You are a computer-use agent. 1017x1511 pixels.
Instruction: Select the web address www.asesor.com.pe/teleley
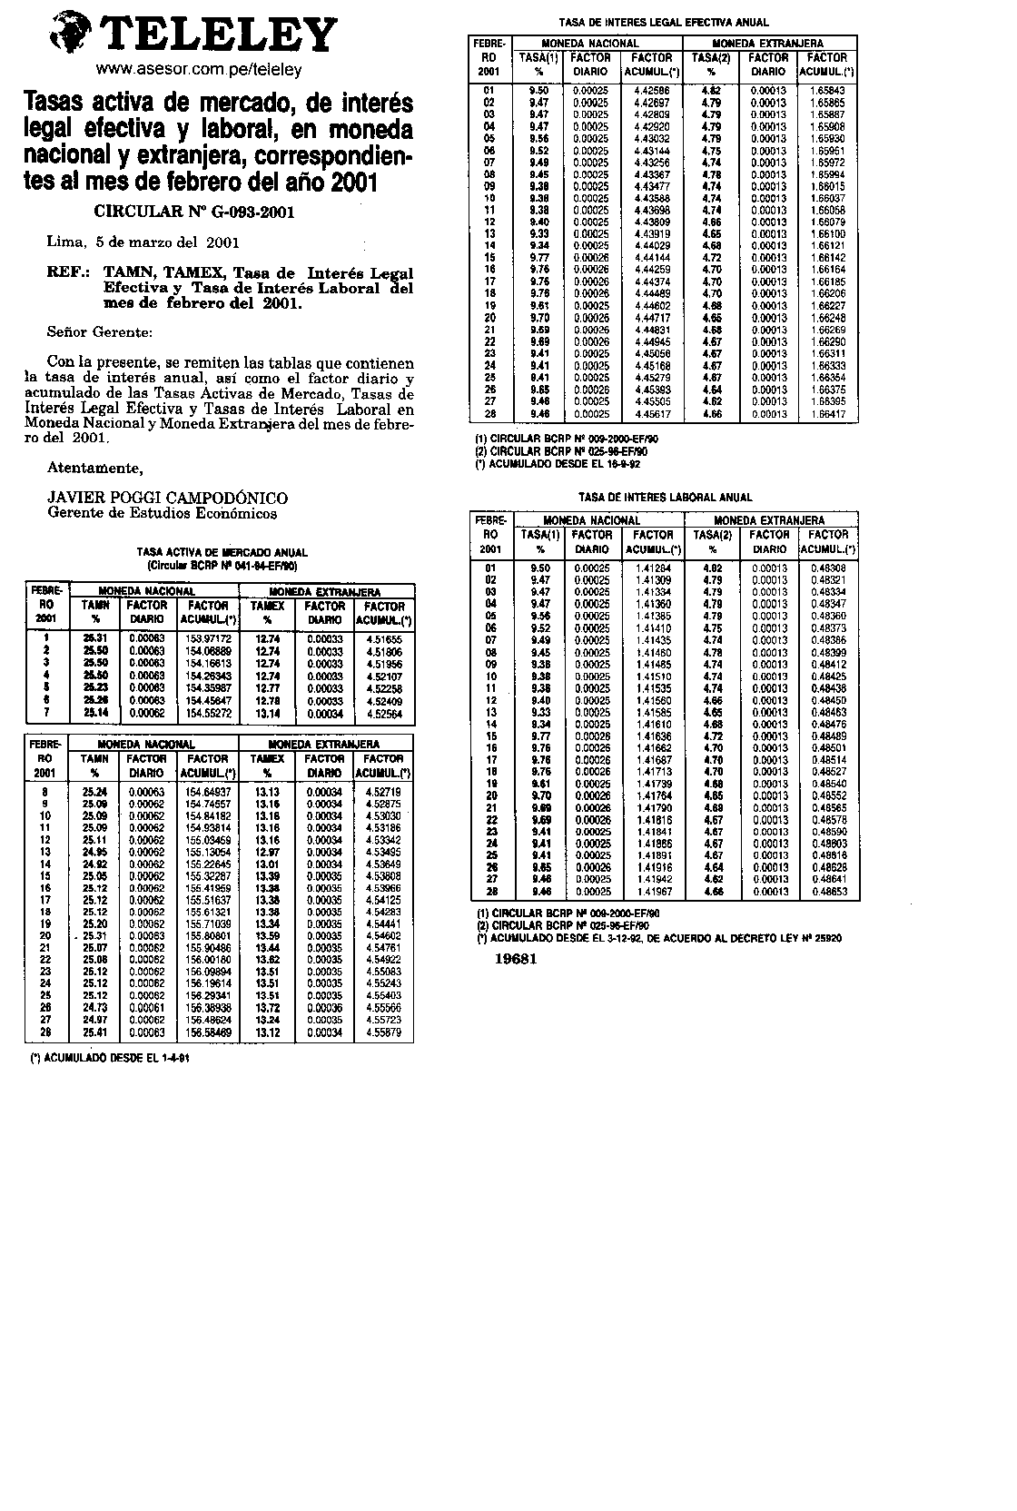[x=199, y=70]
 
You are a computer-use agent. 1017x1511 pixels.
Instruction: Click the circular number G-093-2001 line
[x=194, y=212]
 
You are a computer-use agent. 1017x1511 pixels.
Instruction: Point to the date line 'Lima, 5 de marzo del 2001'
[x=143, y=242]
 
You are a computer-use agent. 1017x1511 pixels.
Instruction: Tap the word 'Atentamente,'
[x=94, y=469]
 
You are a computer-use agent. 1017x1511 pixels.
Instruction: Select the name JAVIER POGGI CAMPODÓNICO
[x=167, y=498]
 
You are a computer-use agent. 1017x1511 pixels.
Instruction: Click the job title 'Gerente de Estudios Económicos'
[x=162, y=513]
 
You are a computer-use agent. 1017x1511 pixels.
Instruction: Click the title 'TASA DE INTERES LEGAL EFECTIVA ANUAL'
[x=663, y=23]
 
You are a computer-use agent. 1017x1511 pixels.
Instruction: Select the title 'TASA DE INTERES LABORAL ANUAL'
[x=666, y=498]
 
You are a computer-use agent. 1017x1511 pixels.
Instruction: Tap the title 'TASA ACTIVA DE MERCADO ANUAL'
[x=222, y=552]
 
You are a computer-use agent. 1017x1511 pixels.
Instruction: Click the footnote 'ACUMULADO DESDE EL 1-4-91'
[x=111, y=1058]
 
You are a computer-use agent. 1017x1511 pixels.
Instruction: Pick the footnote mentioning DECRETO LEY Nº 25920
[x=659, y=938]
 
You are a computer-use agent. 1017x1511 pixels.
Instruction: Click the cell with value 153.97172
[x=208, y=639]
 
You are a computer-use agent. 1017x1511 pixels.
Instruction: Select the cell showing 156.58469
[x=208, y=1032]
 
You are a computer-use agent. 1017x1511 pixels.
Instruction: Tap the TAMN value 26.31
[x=95, y=639]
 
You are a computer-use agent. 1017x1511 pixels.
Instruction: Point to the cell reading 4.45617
[x=652, y=414]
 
